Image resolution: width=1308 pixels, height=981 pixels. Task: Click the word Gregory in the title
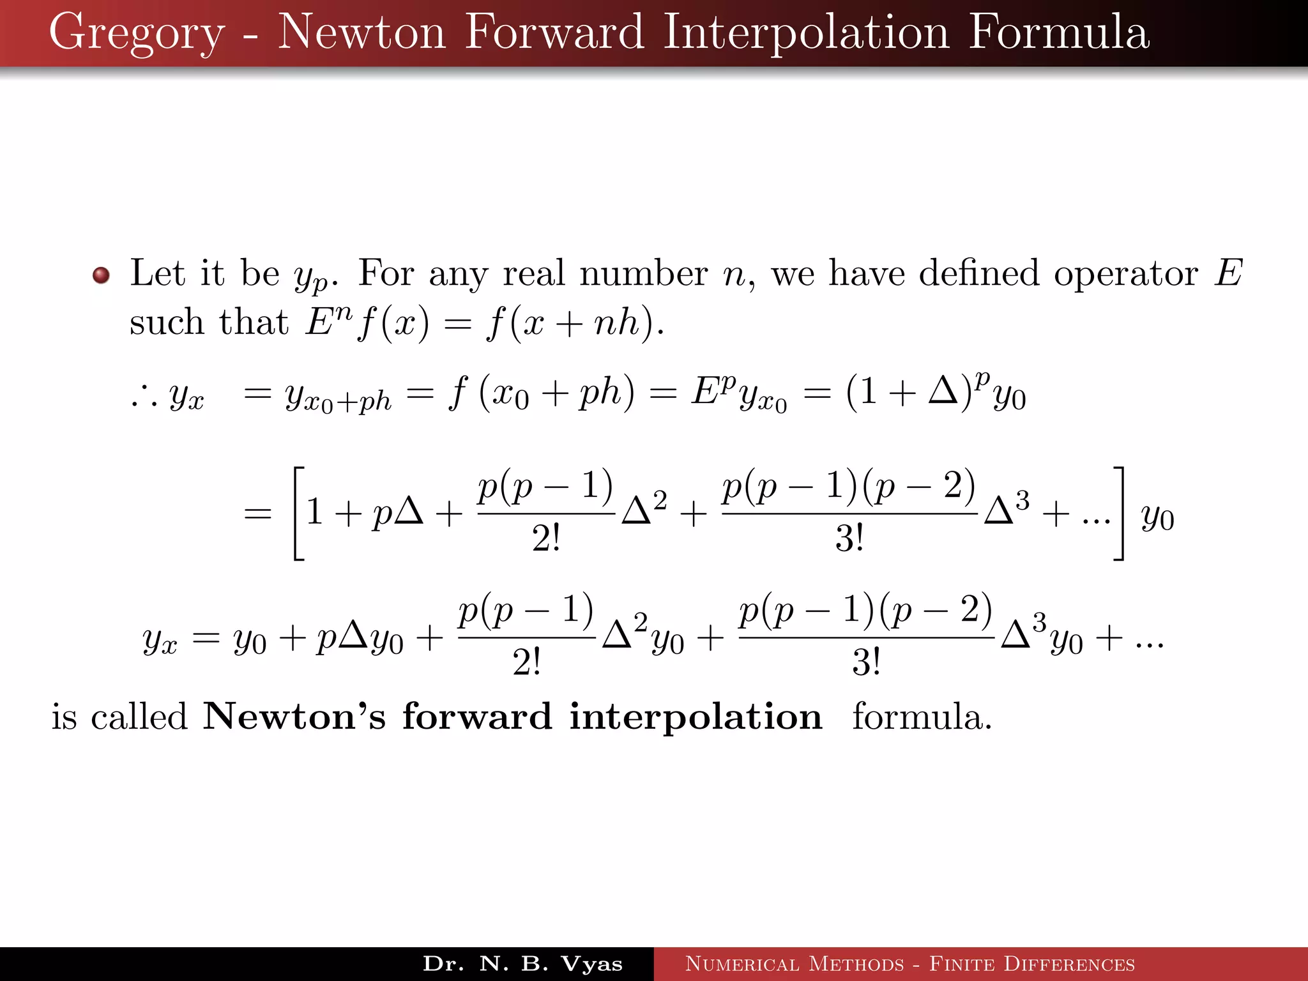[137, 33]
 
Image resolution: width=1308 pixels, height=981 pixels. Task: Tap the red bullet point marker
[101, 275]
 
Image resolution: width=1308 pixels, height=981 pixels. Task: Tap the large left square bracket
[298, 513]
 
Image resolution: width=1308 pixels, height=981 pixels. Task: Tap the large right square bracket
[1118, 513]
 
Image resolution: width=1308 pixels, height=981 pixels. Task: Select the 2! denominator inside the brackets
[546, 538]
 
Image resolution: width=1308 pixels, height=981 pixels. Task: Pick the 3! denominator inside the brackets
[849, 538]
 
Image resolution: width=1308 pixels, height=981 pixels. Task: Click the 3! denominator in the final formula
[866, 662]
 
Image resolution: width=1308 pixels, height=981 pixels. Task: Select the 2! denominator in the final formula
[527, 662]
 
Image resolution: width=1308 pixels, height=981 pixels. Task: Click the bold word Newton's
[294, 717]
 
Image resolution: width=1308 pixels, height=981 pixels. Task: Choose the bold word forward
[476, 717]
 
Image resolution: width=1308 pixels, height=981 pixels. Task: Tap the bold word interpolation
[696, 717]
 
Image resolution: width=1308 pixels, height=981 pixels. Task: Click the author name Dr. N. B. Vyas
[522, 964]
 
